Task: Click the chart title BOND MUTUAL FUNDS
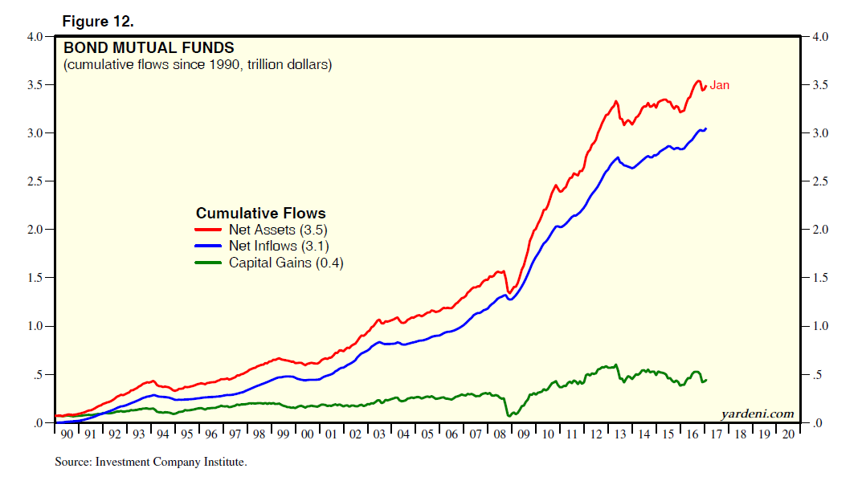(x=149, y=48)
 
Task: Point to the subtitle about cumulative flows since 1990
(x=198, y=64)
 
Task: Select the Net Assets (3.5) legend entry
(x=278, y=230)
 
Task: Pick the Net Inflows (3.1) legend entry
(x=279, y=247)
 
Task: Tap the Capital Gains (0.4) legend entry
(x=286, y=263)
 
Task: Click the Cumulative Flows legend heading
(x=261, y=213)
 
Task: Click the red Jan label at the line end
(x=719, y=85)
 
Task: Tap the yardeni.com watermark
(x=758, y=414)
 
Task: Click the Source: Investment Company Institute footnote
(x=151, y=462)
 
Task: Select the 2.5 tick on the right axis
(x=822, y=181)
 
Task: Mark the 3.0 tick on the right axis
(x=822, y=133)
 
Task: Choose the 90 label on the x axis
(x=67, y=434)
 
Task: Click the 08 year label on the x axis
(x=500, y=434)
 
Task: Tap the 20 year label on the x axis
(x=788, y=434)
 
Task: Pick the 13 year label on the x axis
(x=620, y=434)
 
